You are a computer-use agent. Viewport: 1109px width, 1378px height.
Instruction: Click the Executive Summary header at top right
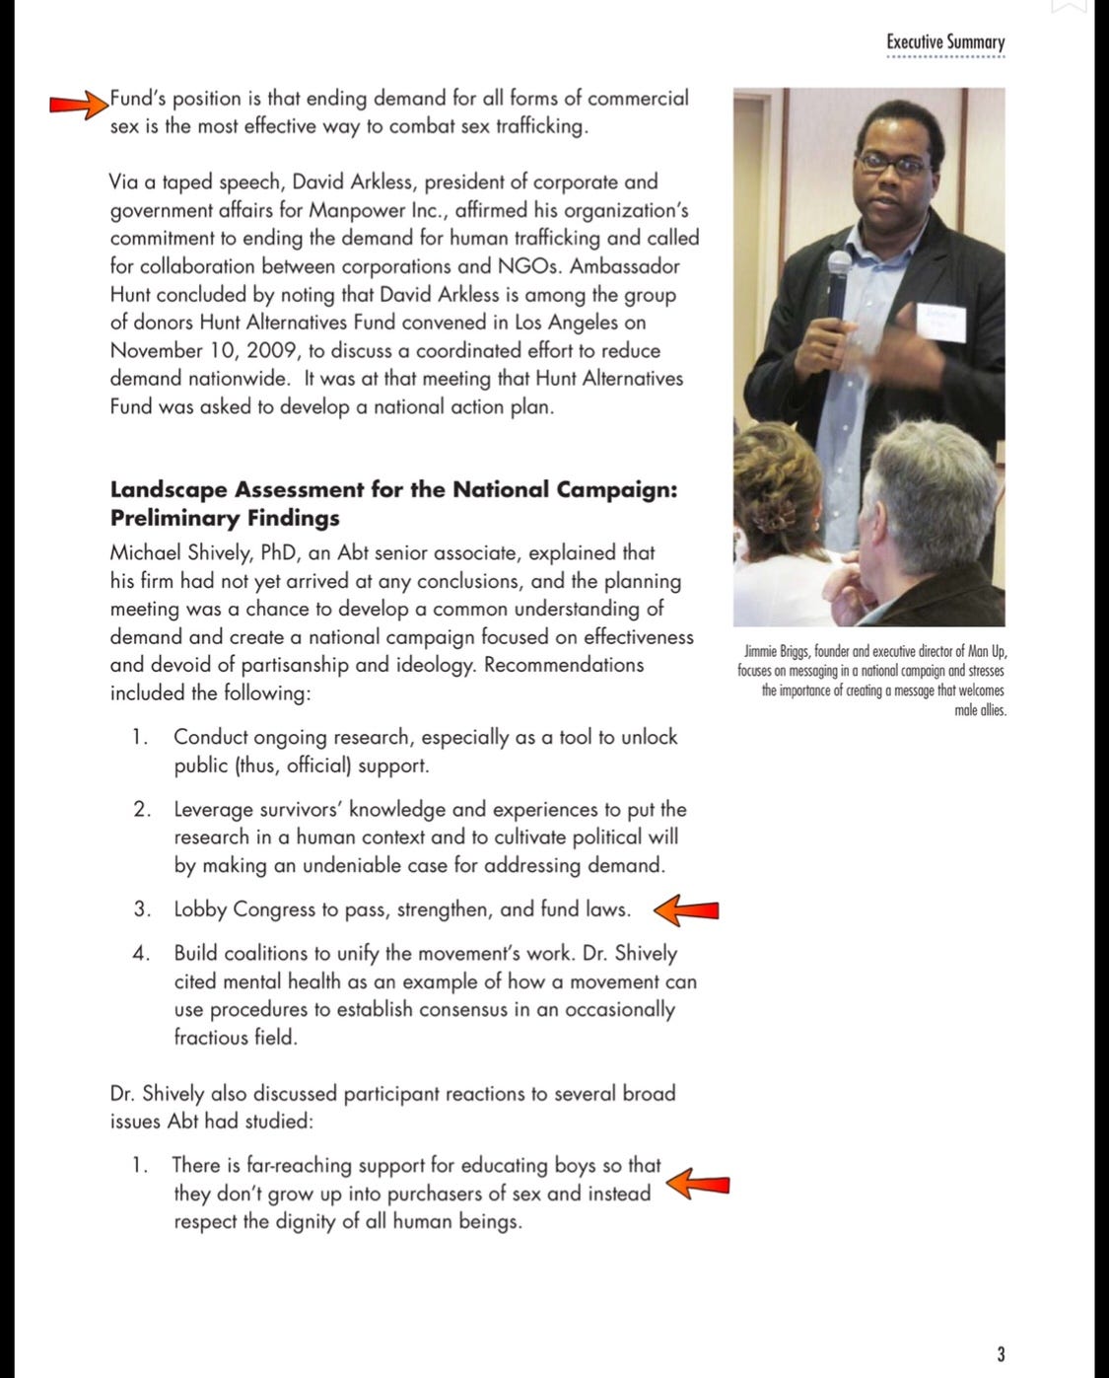pos(944,42)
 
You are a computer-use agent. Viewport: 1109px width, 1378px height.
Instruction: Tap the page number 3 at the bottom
pos(1001,1353)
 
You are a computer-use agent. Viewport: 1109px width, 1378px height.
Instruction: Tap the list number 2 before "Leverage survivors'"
pos(142,810)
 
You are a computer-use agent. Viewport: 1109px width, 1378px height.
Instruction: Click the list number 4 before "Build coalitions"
pos(142,954)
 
